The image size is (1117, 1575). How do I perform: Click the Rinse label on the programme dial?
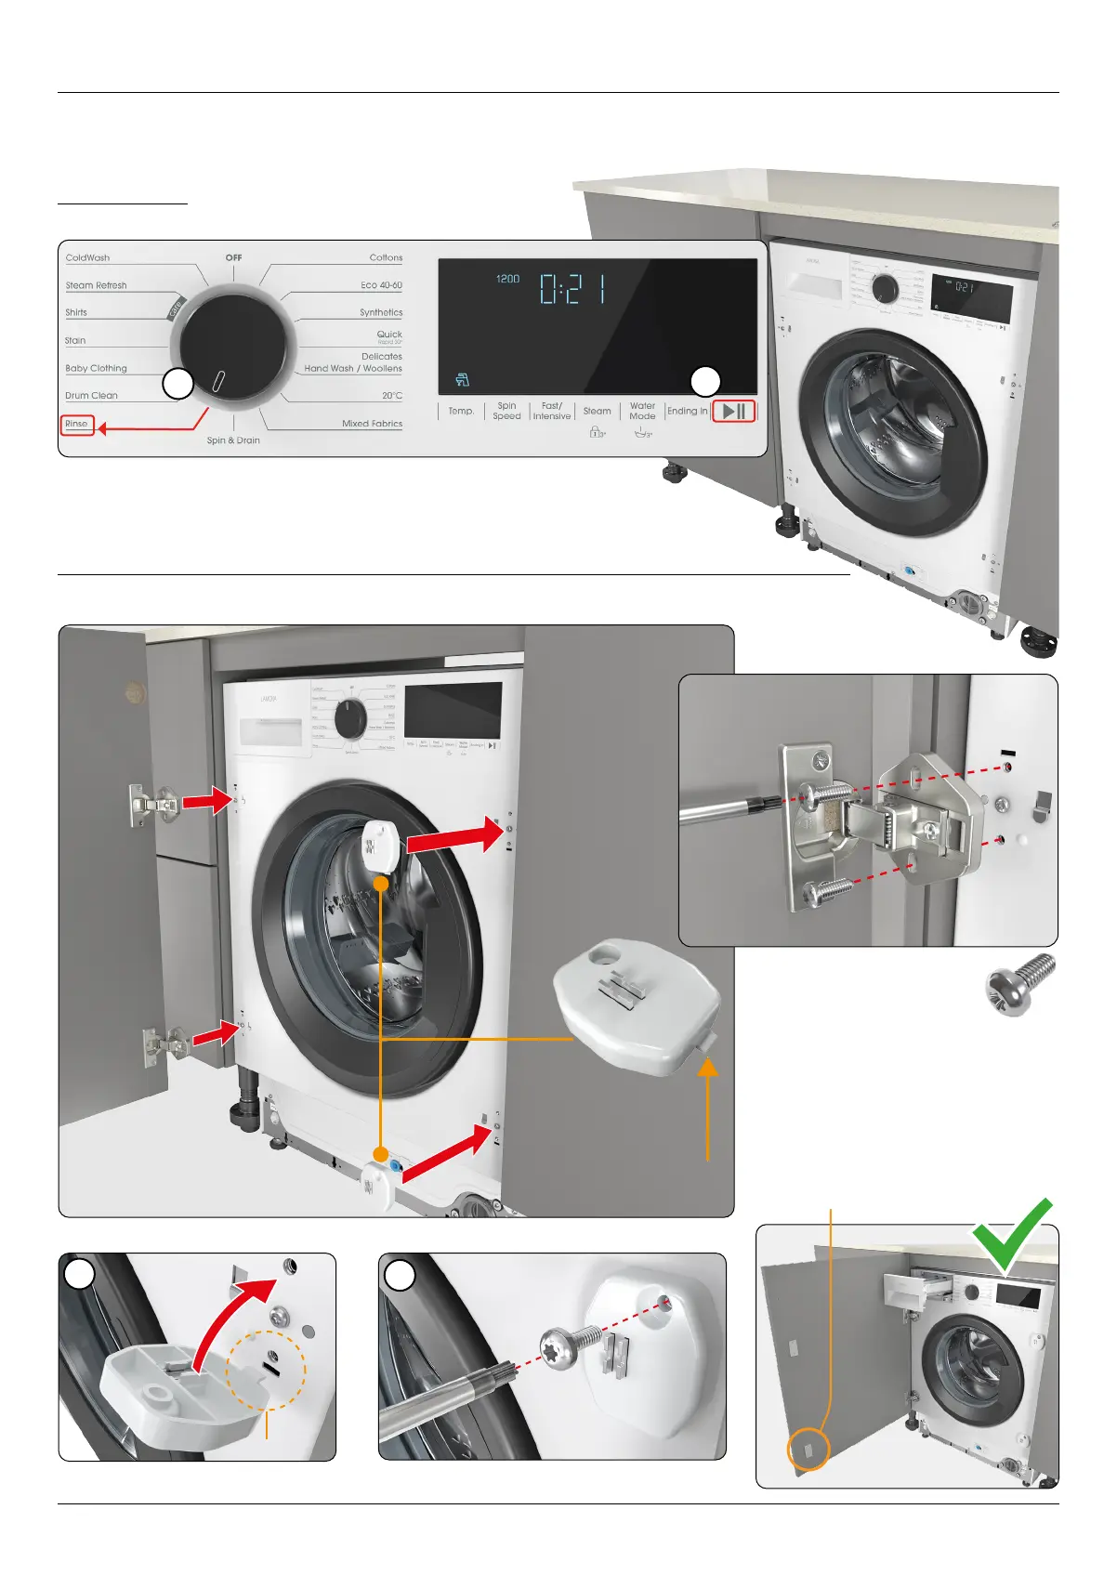pyautogui.click(x=77, y=424)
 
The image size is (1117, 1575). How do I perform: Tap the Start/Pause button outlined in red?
pyautogui.click(x=733, y=411)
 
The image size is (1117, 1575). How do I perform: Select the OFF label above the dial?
pyautogui.click(x=233, y=257)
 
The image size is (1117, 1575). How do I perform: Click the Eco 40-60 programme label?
pyautogui.click(x=381, y=285)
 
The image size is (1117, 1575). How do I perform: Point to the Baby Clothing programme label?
pyautogui.click(x=96, y=368)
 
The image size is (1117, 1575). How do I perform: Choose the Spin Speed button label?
pyautogui.click(x=506, y=411)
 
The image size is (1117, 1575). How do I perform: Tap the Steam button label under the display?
pyautogui.click(x=597, y=411)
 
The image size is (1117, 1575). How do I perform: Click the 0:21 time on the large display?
pyautogui.click(x=573, y=288)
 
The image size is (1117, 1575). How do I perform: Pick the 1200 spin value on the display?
pyautogui.click(x=507, y=279)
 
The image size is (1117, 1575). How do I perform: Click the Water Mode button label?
pyautogui.click(x=642, y=411)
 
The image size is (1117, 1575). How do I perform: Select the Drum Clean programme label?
pyautogui.click(x=91, y=395)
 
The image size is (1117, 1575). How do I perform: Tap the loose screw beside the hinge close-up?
pyautogui.click(x=1020, y=984)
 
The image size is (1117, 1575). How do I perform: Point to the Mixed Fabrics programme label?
pyautogui.click(x=372, y=423)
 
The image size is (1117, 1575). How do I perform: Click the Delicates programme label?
pyautogui.click(x=382, y=356)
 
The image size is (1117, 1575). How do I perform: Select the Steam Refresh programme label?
pyautogui.click(x=96, y=285)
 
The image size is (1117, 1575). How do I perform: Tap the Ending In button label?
pyautogui.click(x=687, y=411)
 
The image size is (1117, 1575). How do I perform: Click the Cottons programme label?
pyautogui.click(x=386, y=257)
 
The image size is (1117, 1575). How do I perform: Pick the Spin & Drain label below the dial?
pyautogui.click(x=233, y=440)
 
